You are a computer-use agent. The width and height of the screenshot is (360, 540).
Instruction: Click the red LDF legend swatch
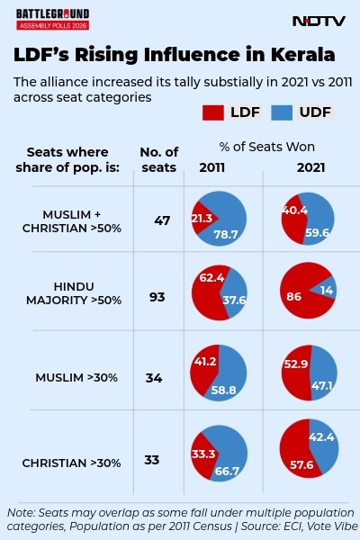click(x=213, y=113)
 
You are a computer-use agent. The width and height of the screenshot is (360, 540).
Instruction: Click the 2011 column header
click(x=212, y=168)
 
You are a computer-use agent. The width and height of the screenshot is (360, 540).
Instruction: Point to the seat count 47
click(x=162, y=220)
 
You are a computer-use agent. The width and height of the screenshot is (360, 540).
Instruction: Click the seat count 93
click(x=157, y=297)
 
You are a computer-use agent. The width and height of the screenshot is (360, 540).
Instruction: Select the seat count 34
click(x=154, y=378)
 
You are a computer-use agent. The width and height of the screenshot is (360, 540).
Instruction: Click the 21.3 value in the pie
click(x=202, y=218)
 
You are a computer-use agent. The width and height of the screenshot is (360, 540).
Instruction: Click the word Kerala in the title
click(x=292, y=56)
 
